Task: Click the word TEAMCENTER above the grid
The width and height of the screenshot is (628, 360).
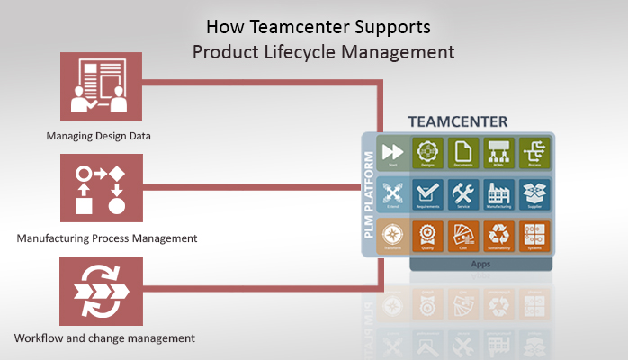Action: click(457, 121)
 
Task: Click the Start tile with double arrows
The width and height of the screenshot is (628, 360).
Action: click(392, 154)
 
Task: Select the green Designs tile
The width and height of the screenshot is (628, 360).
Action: click(428, 154)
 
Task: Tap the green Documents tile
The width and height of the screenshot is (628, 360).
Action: click(463, 154)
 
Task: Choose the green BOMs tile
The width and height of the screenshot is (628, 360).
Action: click(498, 154)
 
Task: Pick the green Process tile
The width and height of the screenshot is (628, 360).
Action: click(534, 154)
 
